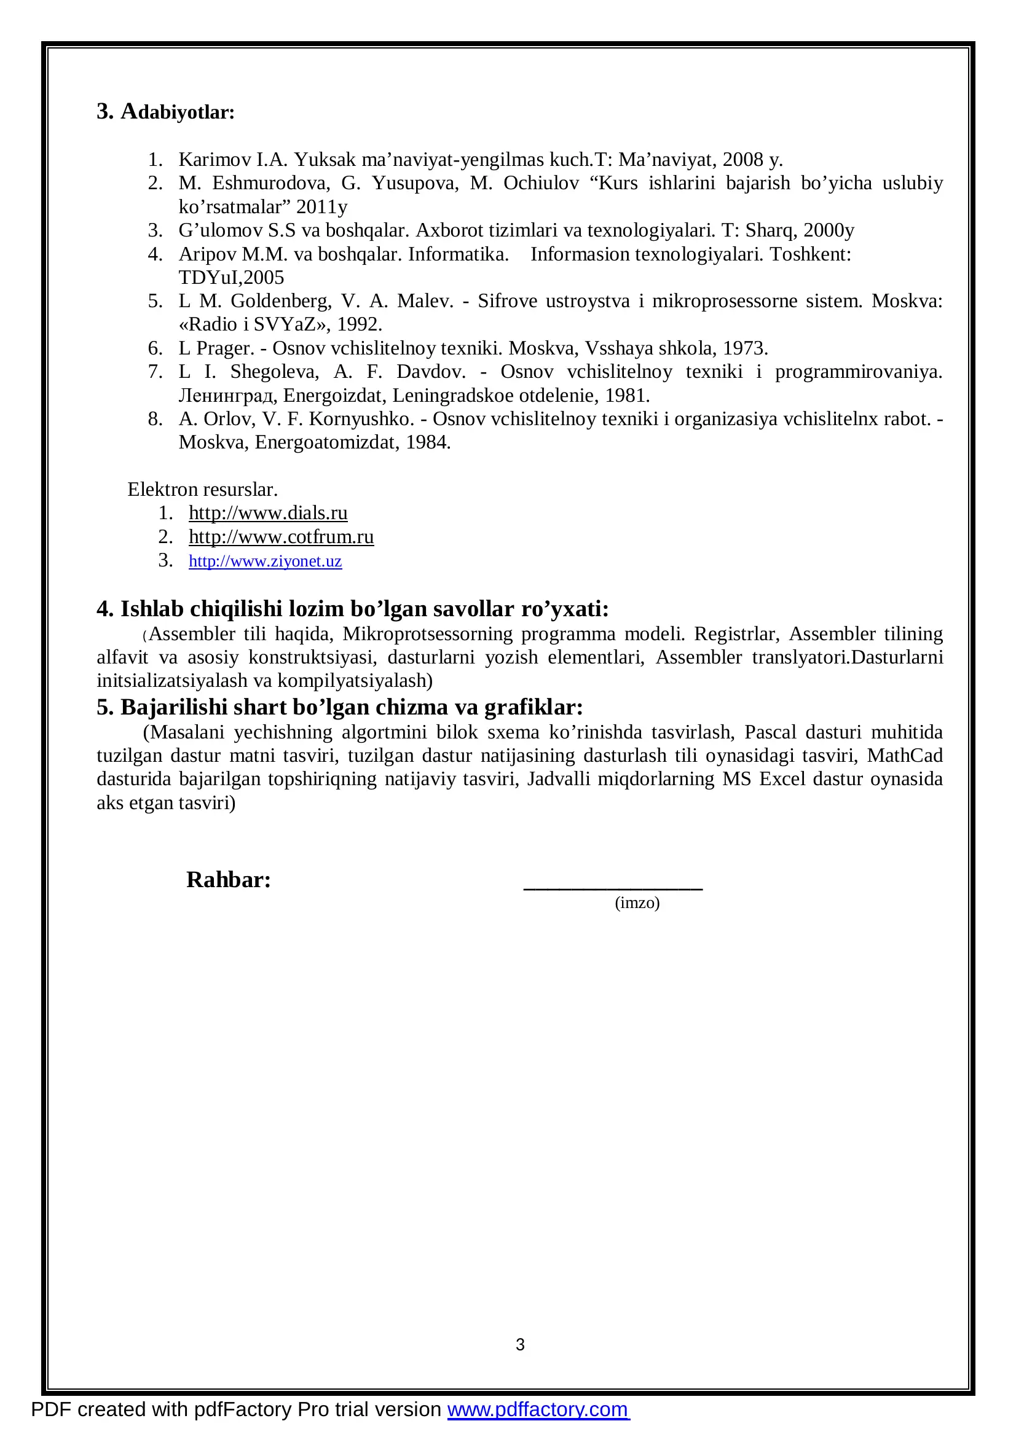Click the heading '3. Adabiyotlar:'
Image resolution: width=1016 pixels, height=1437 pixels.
(x=165, y=112)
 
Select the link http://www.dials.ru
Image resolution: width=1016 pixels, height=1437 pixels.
(x=268, y=513)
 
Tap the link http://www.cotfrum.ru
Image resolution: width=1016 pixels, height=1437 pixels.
(x=281, y=537)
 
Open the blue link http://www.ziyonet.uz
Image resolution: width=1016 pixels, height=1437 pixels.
(x=266, y=561)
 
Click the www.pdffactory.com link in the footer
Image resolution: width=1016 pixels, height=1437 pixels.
(x=538, y=1409)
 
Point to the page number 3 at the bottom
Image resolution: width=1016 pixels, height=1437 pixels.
(x=519, y=1344)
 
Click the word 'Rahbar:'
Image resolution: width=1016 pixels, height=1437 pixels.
(x=229, y=880)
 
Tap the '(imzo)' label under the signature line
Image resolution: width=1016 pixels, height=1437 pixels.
(x=637, y=903)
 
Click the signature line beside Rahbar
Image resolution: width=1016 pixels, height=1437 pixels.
(x=613, y=888)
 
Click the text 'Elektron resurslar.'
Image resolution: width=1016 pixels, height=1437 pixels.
(x=202, y=490)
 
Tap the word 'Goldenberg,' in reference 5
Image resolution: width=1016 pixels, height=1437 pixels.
(x=281, y=301)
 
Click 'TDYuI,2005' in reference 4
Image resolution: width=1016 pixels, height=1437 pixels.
(x=231, y=277)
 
